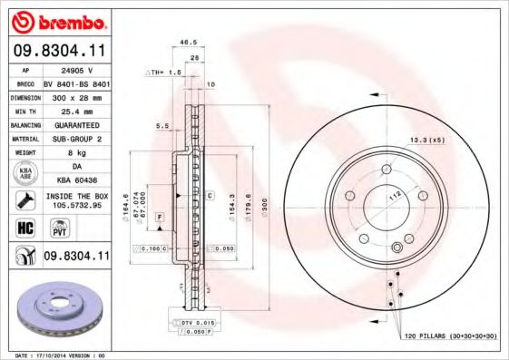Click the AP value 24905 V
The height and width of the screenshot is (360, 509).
(x=75, y=69)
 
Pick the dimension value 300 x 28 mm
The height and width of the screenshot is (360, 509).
(x=75, y=95)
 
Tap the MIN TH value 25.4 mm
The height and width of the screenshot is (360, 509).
(x=75, y=109)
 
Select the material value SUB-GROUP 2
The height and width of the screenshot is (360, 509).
(x=75, y=139)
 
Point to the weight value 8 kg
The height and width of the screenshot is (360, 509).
(x=75, y=153)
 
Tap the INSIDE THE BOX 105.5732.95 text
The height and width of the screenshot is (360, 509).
(x=75, y=201)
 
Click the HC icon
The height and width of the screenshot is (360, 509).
(x=25, y=229)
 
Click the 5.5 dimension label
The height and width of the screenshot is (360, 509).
(x=163, y=126)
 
